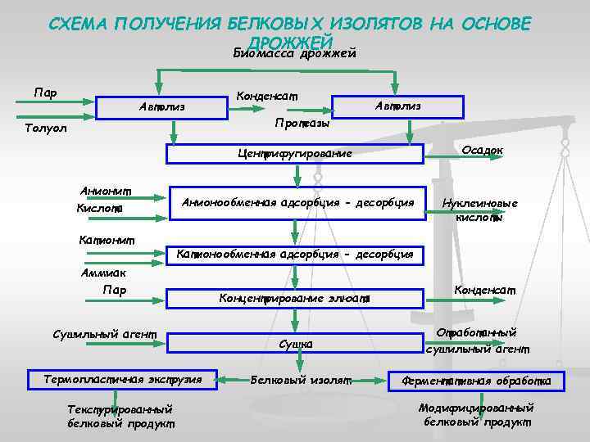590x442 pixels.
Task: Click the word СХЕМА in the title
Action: point(78,24)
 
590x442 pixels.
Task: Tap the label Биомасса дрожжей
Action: point(294,54)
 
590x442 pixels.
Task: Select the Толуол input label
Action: point(46,129)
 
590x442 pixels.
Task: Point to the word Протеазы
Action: point(302,124)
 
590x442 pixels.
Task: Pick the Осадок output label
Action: point(483,150)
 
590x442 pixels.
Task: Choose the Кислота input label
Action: point(99,210)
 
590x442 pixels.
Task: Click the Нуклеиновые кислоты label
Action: point(479,210)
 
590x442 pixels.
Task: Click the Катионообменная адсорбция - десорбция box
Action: point(294,255)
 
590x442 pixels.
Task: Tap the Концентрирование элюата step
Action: point(294,299)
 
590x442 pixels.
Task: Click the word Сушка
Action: point(296,344)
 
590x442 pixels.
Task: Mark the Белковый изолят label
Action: point(301,380)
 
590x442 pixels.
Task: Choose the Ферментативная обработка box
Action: point(475,381)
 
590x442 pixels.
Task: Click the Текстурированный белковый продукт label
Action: point(120,416)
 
